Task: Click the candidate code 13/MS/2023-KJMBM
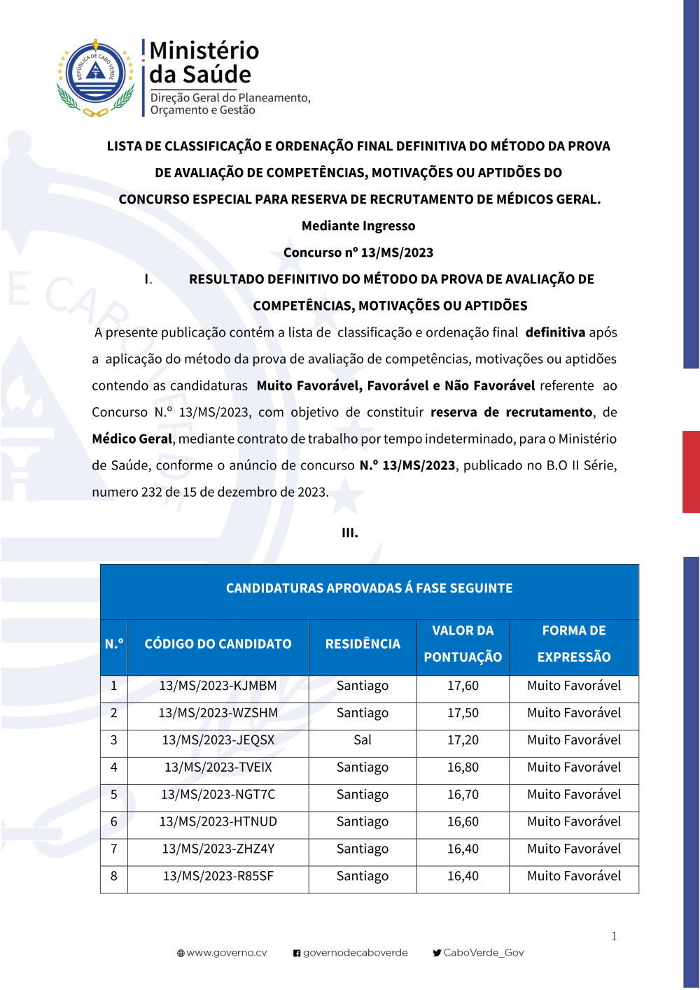218,686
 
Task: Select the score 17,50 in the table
463,713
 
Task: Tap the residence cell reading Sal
363,740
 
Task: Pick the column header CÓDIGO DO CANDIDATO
218,644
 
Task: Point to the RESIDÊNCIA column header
363,644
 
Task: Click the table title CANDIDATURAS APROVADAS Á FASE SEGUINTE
369,588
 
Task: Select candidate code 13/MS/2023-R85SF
218,876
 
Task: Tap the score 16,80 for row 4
463,768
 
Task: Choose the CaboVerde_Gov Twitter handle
483,953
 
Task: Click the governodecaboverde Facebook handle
355,953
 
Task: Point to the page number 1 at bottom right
614,936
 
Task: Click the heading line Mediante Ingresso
358,226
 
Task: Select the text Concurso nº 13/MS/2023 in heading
358,253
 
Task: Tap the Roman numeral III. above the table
350,533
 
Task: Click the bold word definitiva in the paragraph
555,332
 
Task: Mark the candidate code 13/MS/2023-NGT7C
218,795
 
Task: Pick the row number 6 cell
114,822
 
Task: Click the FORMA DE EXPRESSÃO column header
574,644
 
